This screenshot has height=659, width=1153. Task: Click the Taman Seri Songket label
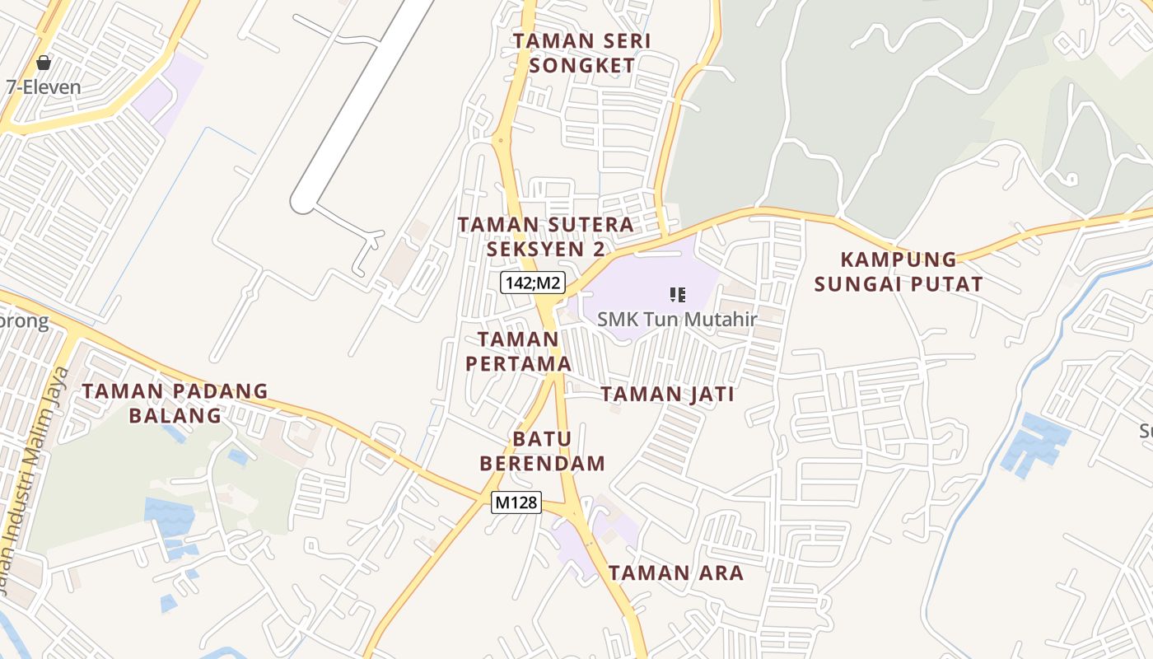tap(581, 53)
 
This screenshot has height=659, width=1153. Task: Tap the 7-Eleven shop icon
tap(44, 63)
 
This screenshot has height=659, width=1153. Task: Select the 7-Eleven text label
tap(44, 87)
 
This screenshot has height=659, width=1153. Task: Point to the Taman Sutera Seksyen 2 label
tap(546, 236)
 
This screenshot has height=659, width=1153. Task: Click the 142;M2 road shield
tap(532, 283)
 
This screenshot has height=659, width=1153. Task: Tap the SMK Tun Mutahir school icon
tap(678, 295)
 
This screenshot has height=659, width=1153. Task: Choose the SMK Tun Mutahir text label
tap(677, 319)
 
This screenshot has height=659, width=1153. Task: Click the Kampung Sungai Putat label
tap(899, 272)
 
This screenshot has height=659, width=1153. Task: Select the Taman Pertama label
tap(519, 351)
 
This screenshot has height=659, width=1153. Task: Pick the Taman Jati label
tap(668, 395)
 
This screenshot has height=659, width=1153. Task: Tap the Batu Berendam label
tap(542, 451)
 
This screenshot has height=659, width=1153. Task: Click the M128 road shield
tap(516, 502)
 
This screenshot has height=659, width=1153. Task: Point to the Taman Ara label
tap(676, 573)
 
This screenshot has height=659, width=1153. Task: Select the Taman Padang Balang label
tap(175, 403)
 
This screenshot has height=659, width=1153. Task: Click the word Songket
tap(581, 66)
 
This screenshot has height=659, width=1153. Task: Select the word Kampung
tap(899, 259)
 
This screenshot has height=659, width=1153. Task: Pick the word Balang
tap(175, 415)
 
